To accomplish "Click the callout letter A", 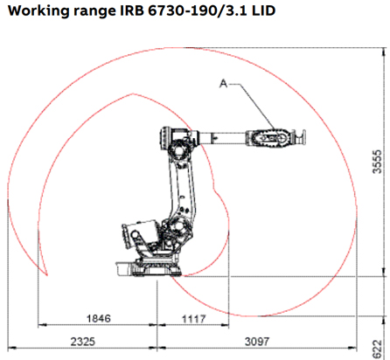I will point(223,84).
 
